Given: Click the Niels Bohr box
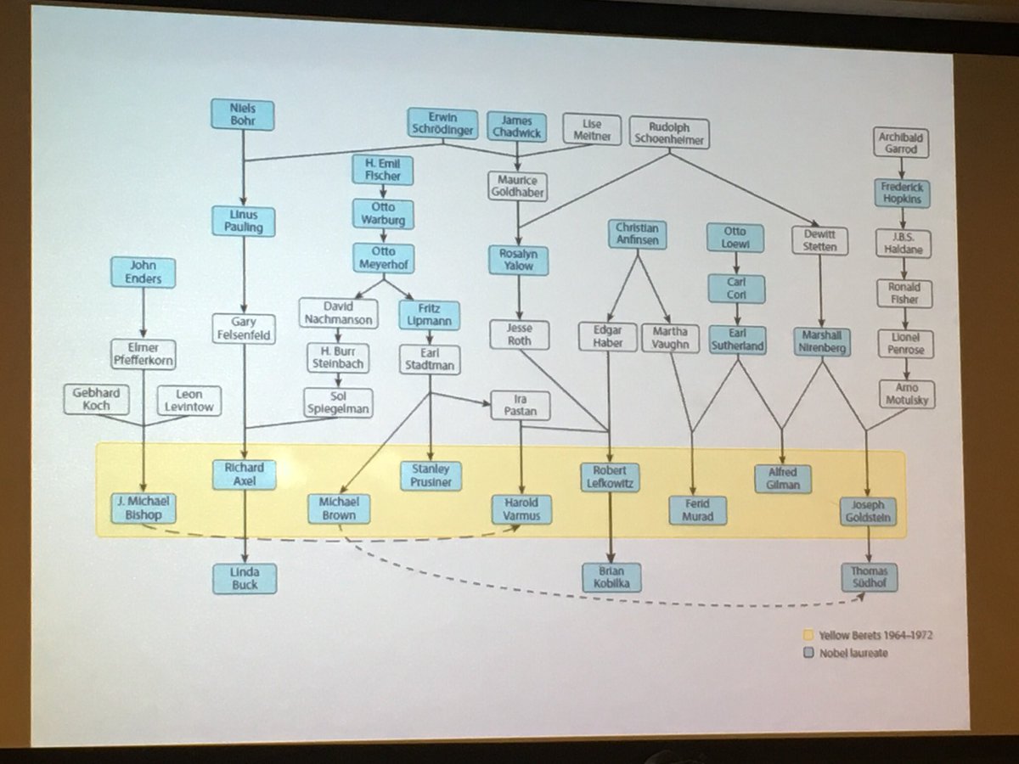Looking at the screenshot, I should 243,115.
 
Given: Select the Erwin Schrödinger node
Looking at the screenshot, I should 442,124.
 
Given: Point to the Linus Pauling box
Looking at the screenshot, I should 244,221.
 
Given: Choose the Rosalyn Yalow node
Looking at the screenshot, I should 518,260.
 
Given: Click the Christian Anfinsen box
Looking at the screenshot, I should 638,234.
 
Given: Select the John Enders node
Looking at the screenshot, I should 143,272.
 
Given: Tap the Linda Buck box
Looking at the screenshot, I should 245,578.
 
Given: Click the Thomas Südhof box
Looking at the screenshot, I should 870,577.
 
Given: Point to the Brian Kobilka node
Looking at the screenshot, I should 611,576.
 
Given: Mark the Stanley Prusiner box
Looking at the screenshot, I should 431,475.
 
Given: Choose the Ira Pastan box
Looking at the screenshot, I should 521,406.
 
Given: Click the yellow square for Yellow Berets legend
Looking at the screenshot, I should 808,635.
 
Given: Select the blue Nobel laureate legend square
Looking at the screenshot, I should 808,653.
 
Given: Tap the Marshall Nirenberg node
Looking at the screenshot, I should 822,341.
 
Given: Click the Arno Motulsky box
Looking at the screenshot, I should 905,394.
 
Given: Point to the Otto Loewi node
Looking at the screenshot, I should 735,238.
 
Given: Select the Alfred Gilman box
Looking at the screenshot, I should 783,479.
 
